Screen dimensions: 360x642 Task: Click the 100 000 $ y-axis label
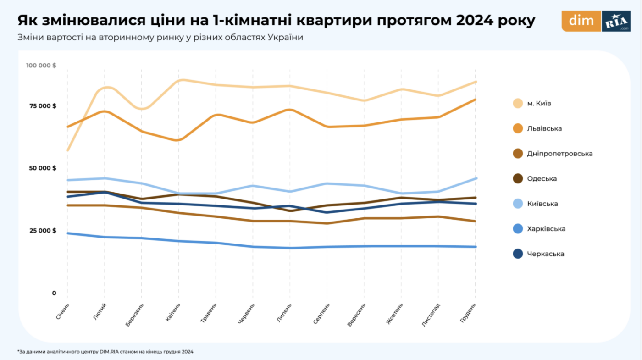[x=41, y=66]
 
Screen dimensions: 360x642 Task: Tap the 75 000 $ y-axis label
[x=43, y=106]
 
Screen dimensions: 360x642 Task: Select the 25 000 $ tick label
[x=43, y=231]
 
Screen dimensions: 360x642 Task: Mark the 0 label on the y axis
[x=54, y=293]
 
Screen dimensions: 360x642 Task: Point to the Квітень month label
[x=174, y=312]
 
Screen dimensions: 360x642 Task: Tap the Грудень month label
[x=470, y=312]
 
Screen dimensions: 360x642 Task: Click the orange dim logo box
[x=581, y=21]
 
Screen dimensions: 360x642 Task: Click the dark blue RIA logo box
[x=616, y=21]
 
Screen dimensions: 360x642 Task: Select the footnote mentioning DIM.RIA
[x=105, y=352]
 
